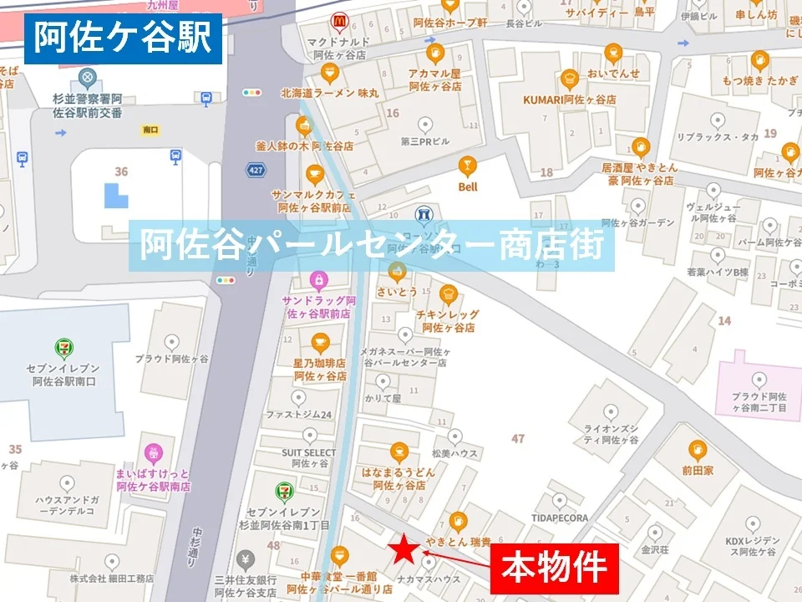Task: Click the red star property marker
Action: click(x=405, y=548)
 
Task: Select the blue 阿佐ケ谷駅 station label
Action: click(x=123, y=38)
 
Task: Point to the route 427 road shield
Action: click(x=255, y=171)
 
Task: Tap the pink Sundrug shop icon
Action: click(x=317, y=279)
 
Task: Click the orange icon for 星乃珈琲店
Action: click(x=320, y=342)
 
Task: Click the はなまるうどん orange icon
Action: click(x=399, y=452)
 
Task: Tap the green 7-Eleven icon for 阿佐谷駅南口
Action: click(x=63, y=346)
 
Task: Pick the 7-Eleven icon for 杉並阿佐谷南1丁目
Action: click(x=284, y=492)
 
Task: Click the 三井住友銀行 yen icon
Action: click(x=245, y=558)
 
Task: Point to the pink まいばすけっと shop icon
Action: click(x=154, y=453)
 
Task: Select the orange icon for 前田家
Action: click(x=697, y=451)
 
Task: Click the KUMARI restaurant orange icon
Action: click(x=570, y=79)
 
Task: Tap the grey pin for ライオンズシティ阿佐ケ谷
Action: click(x=612, y=411)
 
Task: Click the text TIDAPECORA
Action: click(x=559, y=518)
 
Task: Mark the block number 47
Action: click(x=518, y=438)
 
